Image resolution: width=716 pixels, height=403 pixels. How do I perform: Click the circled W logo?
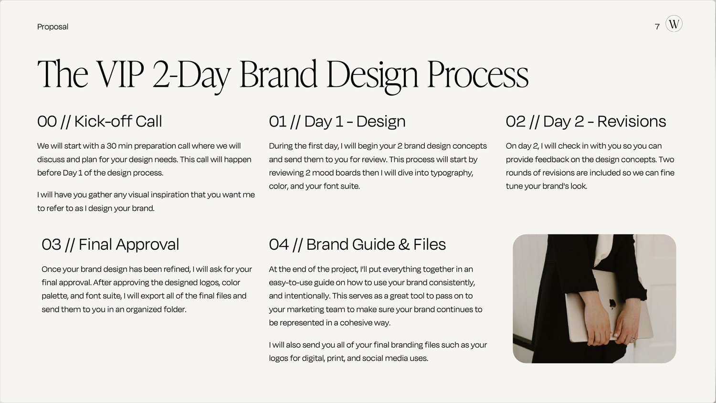pyautogui.click(x=674, y=24)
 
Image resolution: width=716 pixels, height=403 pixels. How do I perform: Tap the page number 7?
pyautogui.click(x=657, y=27)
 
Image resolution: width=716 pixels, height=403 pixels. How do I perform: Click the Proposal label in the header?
pyautogui.click(x=53, y=27)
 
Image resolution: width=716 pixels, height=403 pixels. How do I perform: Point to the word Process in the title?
pyautogui.click(x=477, y=74)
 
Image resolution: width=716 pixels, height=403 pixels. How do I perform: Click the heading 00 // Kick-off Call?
pyautogui.click(x=99, y=121)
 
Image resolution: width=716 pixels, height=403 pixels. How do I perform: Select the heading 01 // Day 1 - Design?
pyautogui.click(x=337, y=121)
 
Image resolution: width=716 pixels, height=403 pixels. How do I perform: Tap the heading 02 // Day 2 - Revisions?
pyautogui.click(x=586, y=121)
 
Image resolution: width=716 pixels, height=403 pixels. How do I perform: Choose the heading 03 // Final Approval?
pyautogui.click(x=110, y=244)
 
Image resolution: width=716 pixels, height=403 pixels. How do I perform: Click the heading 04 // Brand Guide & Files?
pyautogui.click(x=357, y=244)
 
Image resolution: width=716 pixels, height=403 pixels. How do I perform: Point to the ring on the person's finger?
pyautogui.click(x=633, y=339)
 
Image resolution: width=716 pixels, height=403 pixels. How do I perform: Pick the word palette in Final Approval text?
pyautogui.click(x=54, y=296)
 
